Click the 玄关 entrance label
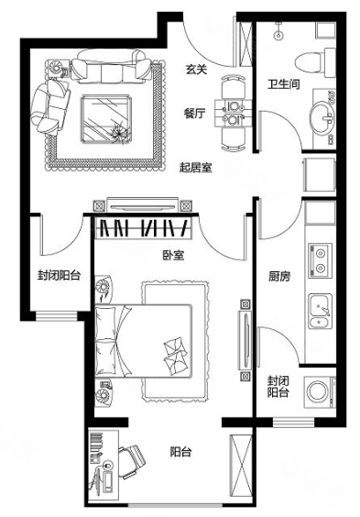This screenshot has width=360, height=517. click(x=196, y=70)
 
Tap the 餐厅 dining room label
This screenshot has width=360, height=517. click(x=195, y=113)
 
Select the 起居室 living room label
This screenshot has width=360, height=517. click(x=196, y=168)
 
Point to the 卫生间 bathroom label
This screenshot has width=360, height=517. click(x=283, y=84)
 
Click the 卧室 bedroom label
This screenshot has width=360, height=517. click(x=173, y=255)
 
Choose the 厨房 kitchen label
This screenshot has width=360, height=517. click(x=279, y=276)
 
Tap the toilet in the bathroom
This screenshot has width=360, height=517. click(x=315, y=62)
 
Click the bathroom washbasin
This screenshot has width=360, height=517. click(x=322, y=117)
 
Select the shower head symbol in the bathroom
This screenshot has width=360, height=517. click(x=279, y=32)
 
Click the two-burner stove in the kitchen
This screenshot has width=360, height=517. click(x=320, y=259)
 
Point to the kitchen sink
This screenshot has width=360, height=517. click(x=320, y=312)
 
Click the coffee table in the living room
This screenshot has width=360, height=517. click(x=107, y=119)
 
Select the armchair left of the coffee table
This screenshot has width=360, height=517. click(x=51, y=107)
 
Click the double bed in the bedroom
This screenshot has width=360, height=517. click(x=143, y=341)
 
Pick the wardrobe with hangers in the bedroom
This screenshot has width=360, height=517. click(x=144, y=227)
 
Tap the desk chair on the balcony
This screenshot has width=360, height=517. click(x=132, y=461)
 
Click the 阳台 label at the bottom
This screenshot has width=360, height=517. click(x=180, y=452)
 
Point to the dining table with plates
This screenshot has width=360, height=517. click(x=234, y=113)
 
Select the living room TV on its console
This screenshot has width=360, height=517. click(x=143, y=206)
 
